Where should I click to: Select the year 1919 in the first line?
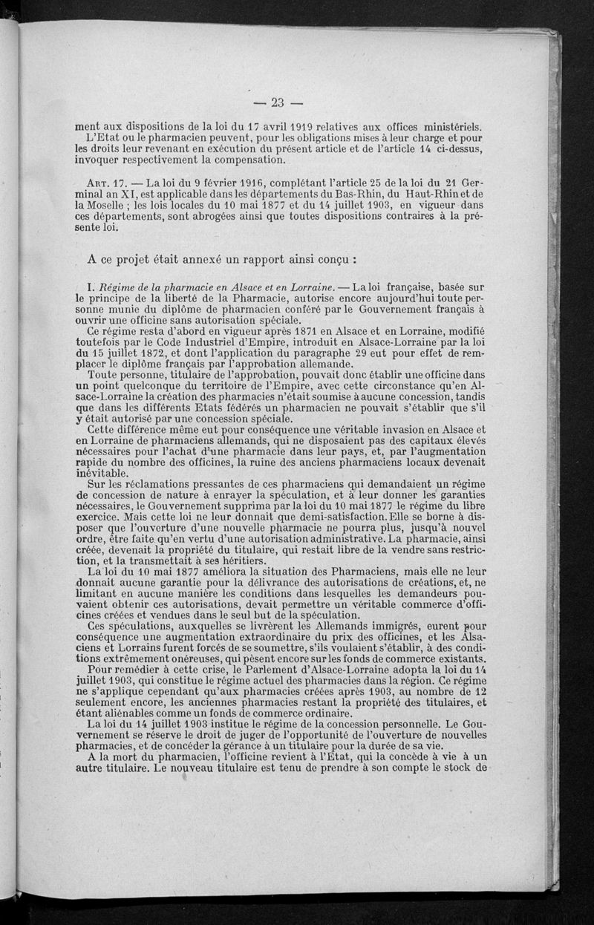(300, 126)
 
